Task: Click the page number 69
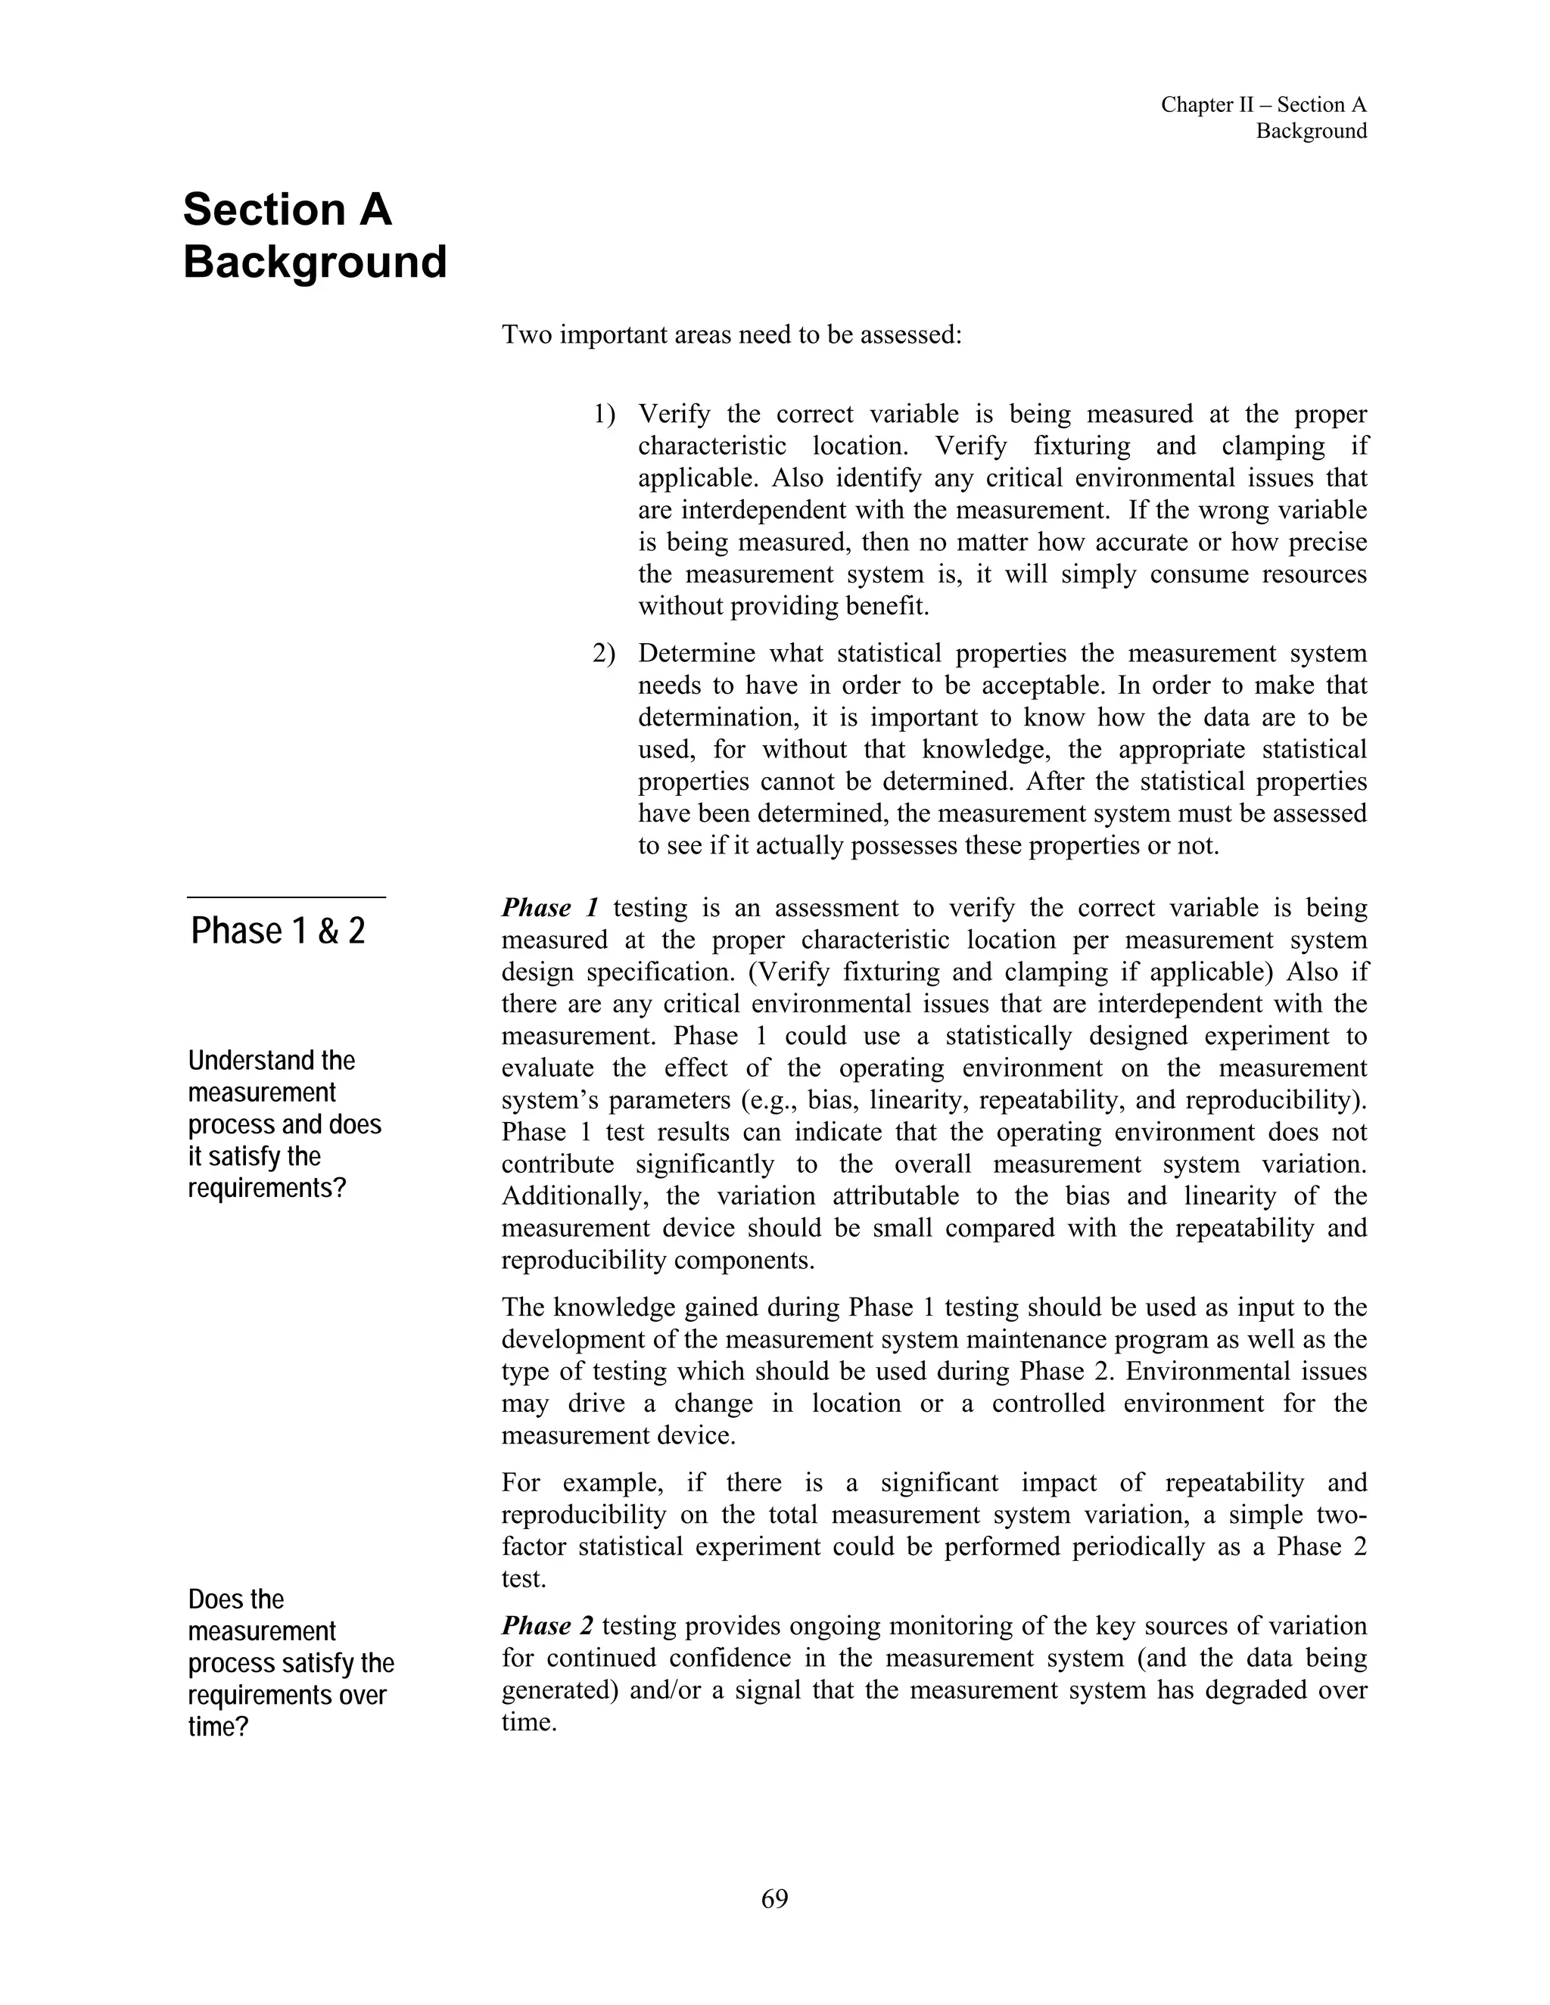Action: click(x=774, y=1898)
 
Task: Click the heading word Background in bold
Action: click(x=315, y=263)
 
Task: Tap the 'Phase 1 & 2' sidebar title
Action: click(x=279, y=931)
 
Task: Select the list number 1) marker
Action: click(x=603, y=415)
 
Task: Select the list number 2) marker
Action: click(x=603, y=654)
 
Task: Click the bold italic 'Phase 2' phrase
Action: click(x=547, y=1626)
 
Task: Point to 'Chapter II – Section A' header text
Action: click(x=1262, y=104)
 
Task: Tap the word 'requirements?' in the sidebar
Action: click(x=267, y=1189)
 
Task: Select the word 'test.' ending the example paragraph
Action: click(x=524, y=1579)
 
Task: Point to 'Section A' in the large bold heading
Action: click(x=288, y=210)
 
